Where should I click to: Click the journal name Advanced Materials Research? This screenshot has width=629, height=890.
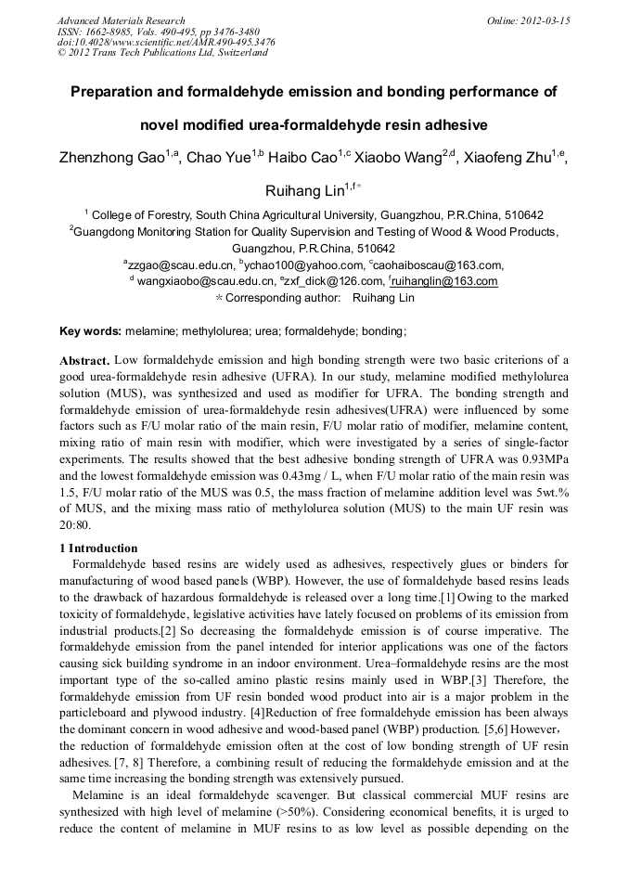click(121, 20)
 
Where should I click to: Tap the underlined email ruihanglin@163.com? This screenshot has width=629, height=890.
click(445, 281)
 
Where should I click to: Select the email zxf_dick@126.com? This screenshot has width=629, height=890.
click(339, 281)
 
